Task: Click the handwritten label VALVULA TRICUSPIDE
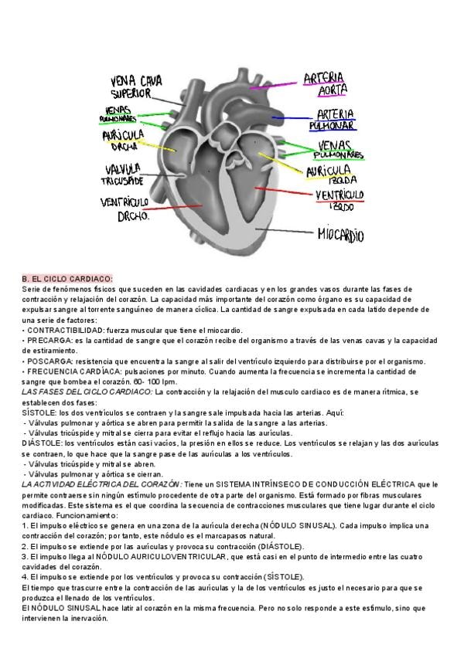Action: tap(121, 174)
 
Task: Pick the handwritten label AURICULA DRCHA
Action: tap(123, 140)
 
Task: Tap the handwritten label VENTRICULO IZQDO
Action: tap(341, 200)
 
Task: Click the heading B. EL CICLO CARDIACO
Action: tap(67, 279)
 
